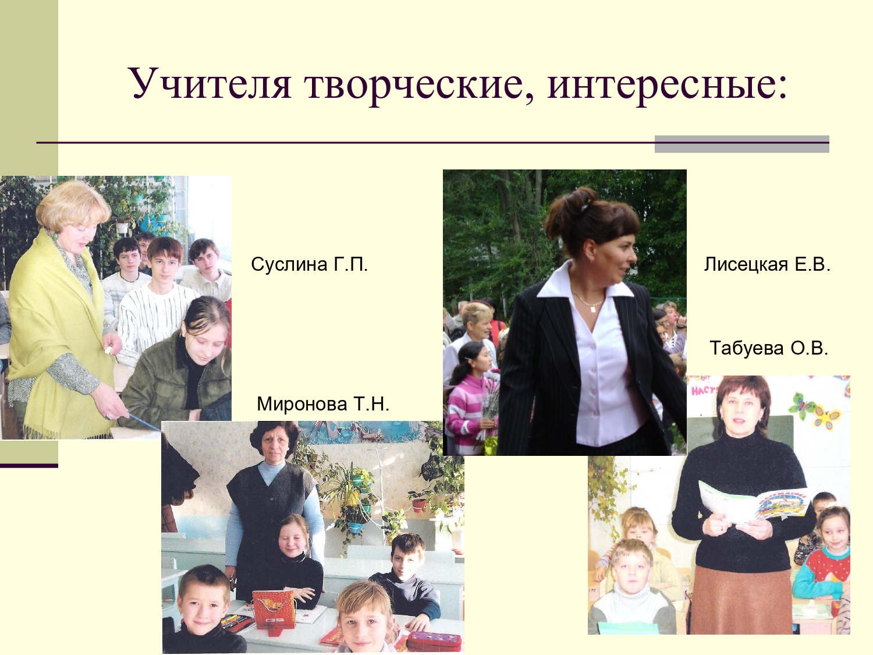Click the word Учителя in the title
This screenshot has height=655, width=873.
[210, 84]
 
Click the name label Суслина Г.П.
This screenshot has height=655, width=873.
[310, 264]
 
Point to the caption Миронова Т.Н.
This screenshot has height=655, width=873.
[323, 404]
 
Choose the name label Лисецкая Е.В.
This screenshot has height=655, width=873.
[767, 264]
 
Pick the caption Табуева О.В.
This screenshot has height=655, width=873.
[769, 348]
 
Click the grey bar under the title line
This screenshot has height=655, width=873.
[741, 144]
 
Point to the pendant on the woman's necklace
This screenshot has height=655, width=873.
[592, 309]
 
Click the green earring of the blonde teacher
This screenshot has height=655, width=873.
[55, 236]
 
